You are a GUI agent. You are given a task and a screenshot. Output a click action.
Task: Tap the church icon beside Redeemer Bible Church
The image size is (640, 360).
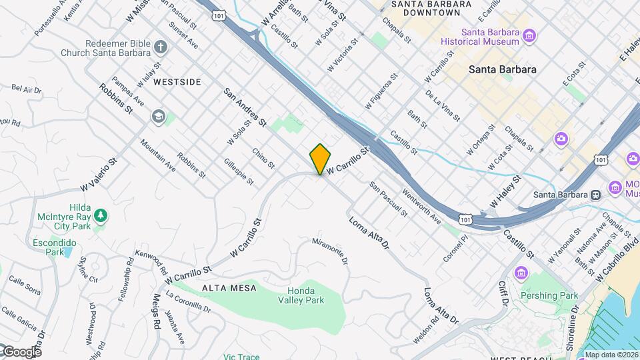[x=159, y=47]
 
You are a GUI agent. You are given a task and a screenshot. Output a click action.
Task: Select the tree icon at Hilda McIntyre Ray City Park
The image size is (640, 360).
[x=100, y=215]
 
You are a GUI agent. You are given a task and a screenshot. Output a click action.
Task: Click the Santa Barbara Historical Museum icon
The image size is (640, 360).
[x=529, y=35]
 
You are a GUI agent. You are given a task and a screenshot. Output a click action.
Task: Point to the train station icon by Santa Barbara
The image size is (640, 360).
[x=595, y=195]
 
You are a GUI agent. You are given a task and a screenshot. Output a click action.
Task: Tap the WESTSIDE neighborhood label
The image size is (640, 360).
[x=177, y=82]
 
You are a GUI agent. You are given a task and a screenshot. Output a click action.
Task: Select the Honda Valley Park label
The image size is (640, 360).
[x=305, y=295]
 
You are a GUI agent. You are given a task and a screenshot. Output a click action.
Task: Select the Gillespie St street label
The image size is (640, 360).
[x=239, y=172]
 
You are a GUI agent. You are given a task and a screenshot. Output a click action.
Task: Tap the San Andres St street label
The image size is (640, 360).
[x=245, y=108]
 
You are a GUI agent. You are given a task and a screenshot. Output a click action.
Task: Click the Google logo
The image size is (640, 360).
[x=21, y=351]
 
